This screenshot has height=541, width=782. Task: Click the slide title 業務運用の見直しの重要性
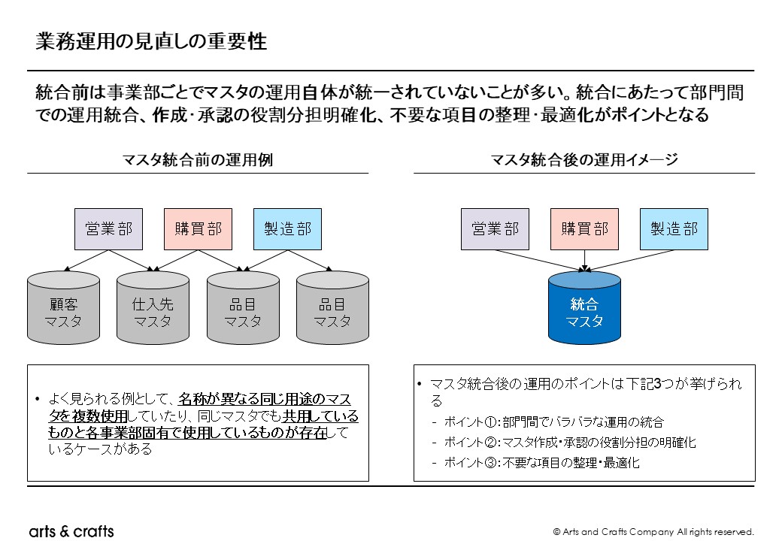[151, 42]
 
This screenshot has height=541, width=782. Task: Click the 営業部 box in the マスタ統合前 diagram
[108, 229]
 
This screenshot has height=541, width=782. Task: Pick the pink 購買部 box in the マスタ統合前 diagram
[199, 229]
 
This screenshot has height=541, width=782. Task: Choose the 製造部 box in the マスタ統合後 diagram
[674, 229]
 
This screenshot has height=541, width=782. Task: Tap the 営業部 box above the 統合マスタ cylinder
[495, 229]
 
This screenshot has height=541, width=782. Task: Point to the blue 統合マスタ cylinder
[584, 310]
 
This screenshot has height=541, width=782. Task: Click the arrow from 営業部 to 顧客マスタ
[87, 260]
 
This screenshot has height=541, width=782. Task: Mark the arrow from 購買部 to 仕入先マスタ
[177, 260]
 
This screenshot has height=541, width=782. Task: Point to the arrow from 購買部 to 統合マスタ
[584, 260]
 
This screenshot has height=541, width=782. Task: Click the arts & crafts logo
[71, 531]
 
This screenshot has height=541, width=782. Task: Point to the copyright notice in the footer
[653, 532]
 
